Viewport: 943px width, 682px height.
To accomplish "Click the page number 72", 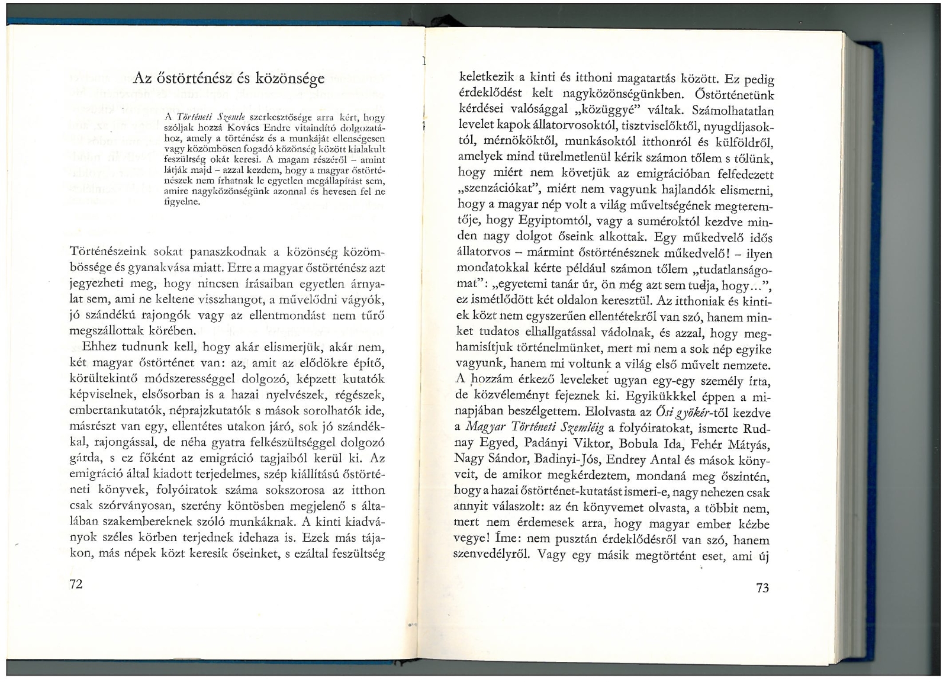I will [76, 584].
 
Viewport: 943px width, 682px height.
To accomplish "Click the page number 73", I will [762, 587].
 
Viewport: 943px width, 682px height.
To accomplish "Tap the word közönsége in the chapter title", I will [290, 79].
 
